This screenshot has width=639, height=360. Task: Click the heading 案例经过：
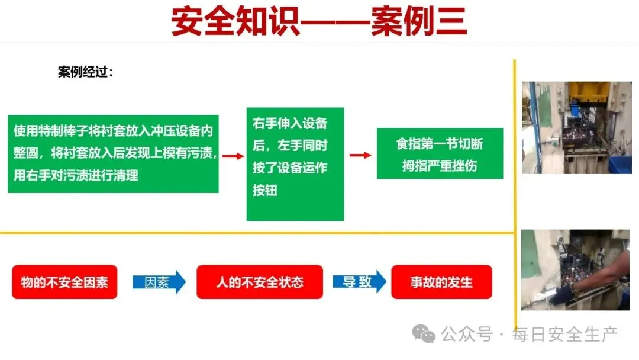click(x=85, y=72)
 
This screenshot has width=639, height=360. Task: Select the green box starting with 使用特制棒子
click(x=113, y=153)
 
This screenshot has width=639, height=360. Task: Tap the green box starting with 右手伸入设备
click(x=295, y=163)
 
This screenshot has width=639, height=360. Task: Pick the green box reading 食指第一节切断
click(x=440, y=153)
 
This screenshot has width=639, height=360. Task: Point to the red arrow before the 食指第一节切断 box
click(x=360, y=155)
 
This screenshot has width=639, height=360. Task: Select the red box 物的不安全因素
click(x=64, y=282)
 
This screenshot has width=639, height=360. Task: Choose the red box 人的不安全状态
click(x=259, y=282)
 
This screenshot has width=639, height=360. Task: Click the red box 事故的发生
click(x=441, y=282)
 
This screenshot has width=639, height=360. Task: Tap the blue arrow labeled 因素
click(x=159, y=282)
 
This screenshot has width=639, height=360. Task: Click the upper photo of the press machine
click(x=568, y=127)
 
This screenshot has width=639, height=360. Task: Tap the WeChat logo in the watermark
click(x=424, y=335)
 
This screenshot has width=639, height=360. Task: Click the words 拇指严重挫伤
click(x=439, y=165)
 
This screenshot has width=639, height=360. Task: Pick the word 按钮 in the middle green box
click(x=265, y=191)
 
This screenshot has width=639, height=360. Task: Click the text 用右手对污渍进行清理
click(x=76, y=175)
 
